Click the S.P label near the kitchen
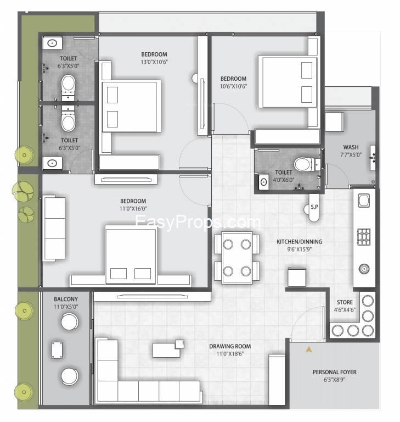point(314,207)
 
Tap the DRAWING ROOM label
point(230,346)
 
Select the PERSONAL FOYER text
point(334,372)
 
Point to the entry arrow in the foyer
point(309,349)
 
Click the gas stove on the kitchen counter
point(364,237)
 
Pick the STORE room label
point(345,302)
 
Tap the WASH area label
point(351,147)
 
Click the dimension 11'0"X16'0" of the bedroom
point(133,209)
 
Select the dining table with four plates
point(237,258)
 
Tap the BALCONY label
point(66,299)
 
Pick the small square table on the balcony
point(57,350)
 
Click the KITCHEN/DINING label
point(300,242)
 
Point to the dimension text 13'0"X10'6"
point(154,62)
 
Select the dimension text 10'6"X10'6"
point(233,86)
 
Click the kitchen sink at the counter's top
point(364,201)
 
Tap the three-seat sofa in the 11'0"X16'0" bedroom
point(54,229)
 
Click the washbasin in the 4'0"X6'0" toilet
point(263,182)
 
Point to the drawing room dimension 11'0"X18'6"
point(230,354)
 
